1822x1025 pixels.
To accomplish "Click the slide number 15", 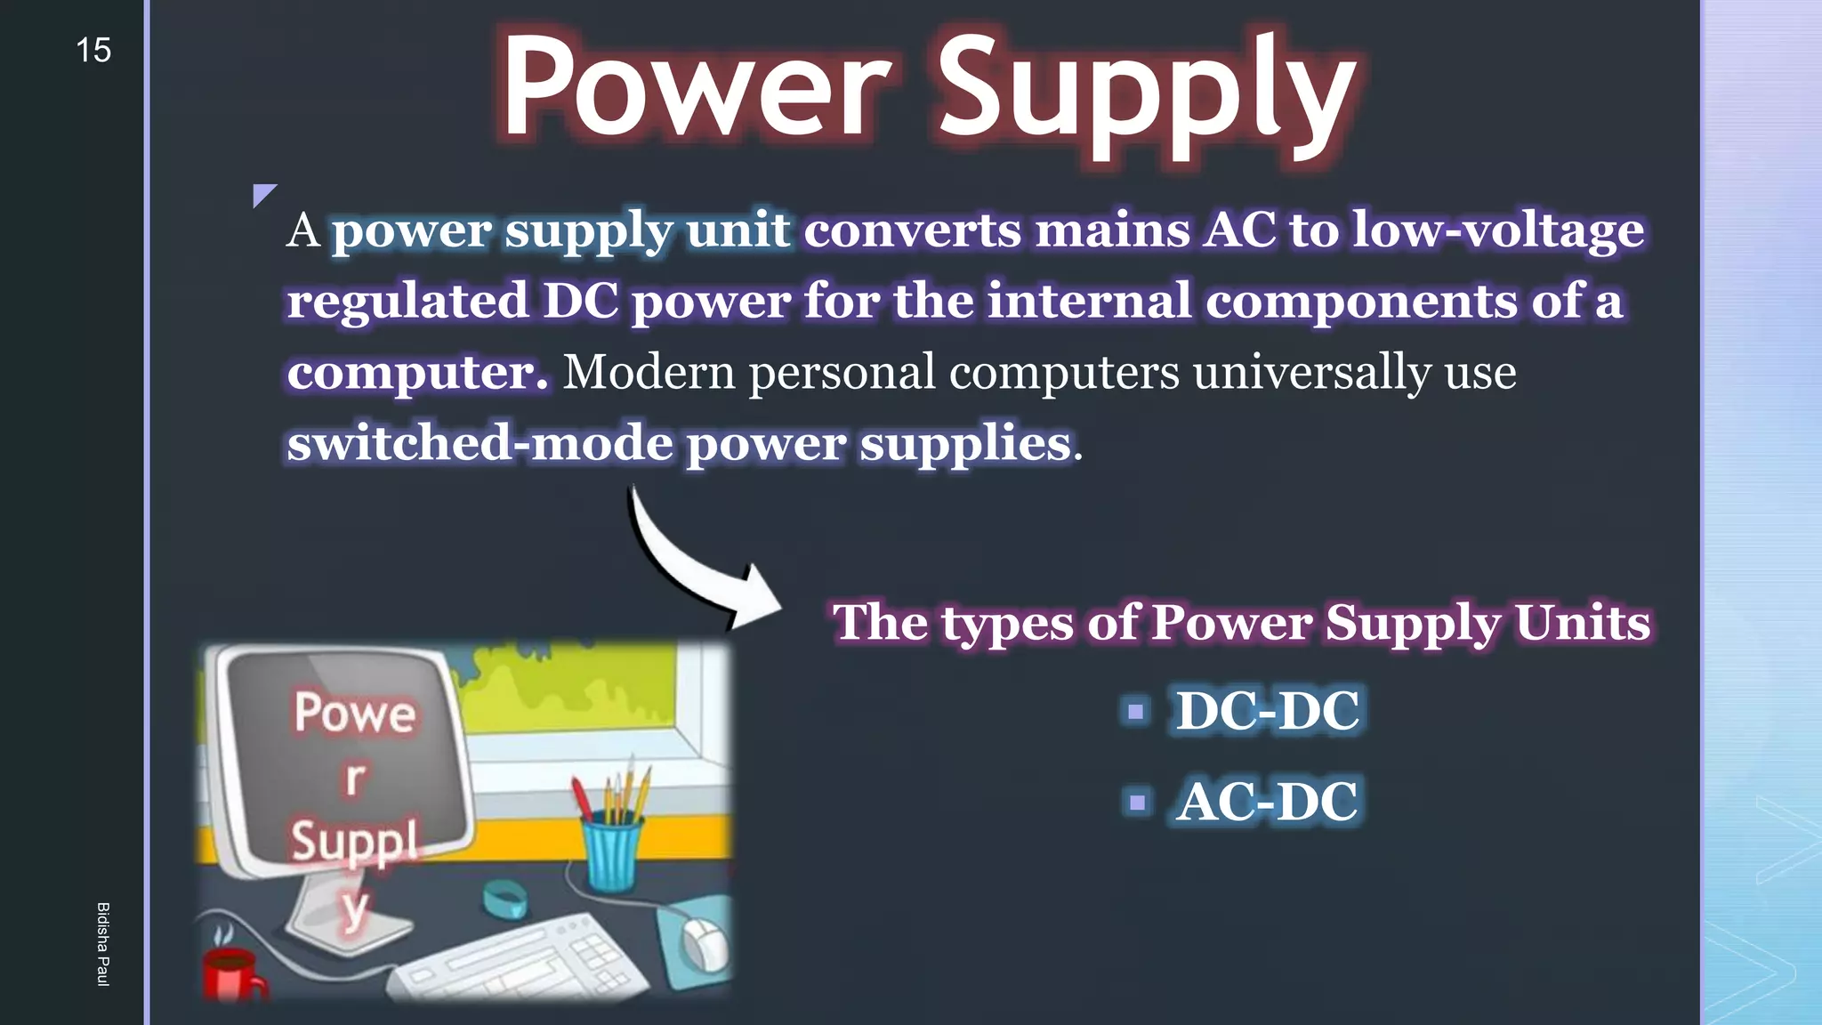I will click(93, 51).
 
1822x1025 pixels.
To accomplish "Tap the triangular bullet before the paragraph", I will click(262, 194).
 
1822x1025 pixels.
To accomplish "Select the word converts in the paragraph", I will click(912, 230).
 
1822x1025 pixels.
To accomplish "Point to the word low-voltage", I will click(1497, 230).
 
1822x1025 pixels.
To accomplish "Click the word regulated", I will click(407, 302).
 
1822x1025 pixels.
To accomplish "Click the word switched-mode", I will click(480, 443).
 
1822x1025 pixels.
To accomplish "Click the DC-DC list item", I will click(1267, 711).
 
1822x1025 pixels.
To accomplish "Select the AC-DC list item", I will click(1267, 802).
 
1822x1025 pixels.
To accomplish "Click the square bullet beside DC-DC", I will click(1135, 712).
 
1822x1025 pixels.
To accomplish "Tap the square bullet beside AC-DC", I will click(1136, 803).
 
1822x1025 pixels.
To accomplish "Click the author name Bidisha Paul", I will click(103, 943).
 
